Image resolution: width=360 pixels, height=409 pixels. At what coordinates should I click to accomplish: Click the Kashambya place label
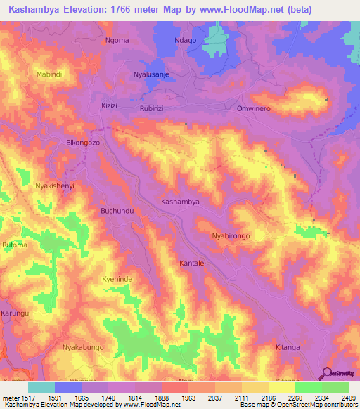coord(181,202)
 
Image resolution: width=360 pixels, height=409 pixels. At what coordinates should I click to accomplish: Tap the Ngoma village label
coord(117,40)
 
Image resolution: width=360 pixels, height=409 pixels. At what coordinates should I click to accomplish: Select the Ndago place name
coord(186,40)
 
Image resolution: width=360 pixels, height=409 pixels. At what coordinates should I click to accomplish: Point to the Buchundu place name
coord(117,211)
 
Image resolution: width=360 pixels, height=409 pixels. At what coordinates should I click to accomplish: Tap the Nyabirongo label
coord(231,237)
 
